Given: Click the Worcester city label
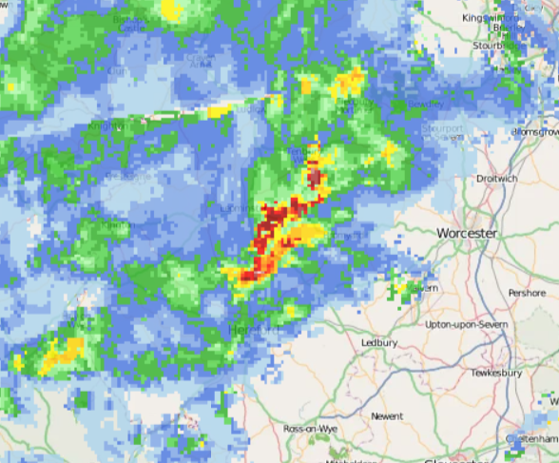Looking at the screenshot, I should [x=467, y=233].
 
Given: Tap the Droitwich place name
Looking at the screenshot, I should [x=497, y=178].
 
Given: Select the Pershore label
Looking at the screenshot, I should [x=527, y=293].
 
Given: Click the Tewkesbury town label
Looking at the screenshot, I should [x=497, y=374].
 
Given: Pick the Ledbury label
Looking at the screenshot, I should [x=378, y=342].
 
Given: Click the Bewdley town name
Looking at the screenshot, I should [x=425, y=103].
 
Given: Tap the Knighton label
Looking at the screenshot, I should [x=106, y=125].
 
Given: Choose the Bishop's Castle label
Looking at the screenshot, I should [x=132, y=22].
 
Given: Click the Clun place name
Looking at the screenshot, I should [x=117, y=69].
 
